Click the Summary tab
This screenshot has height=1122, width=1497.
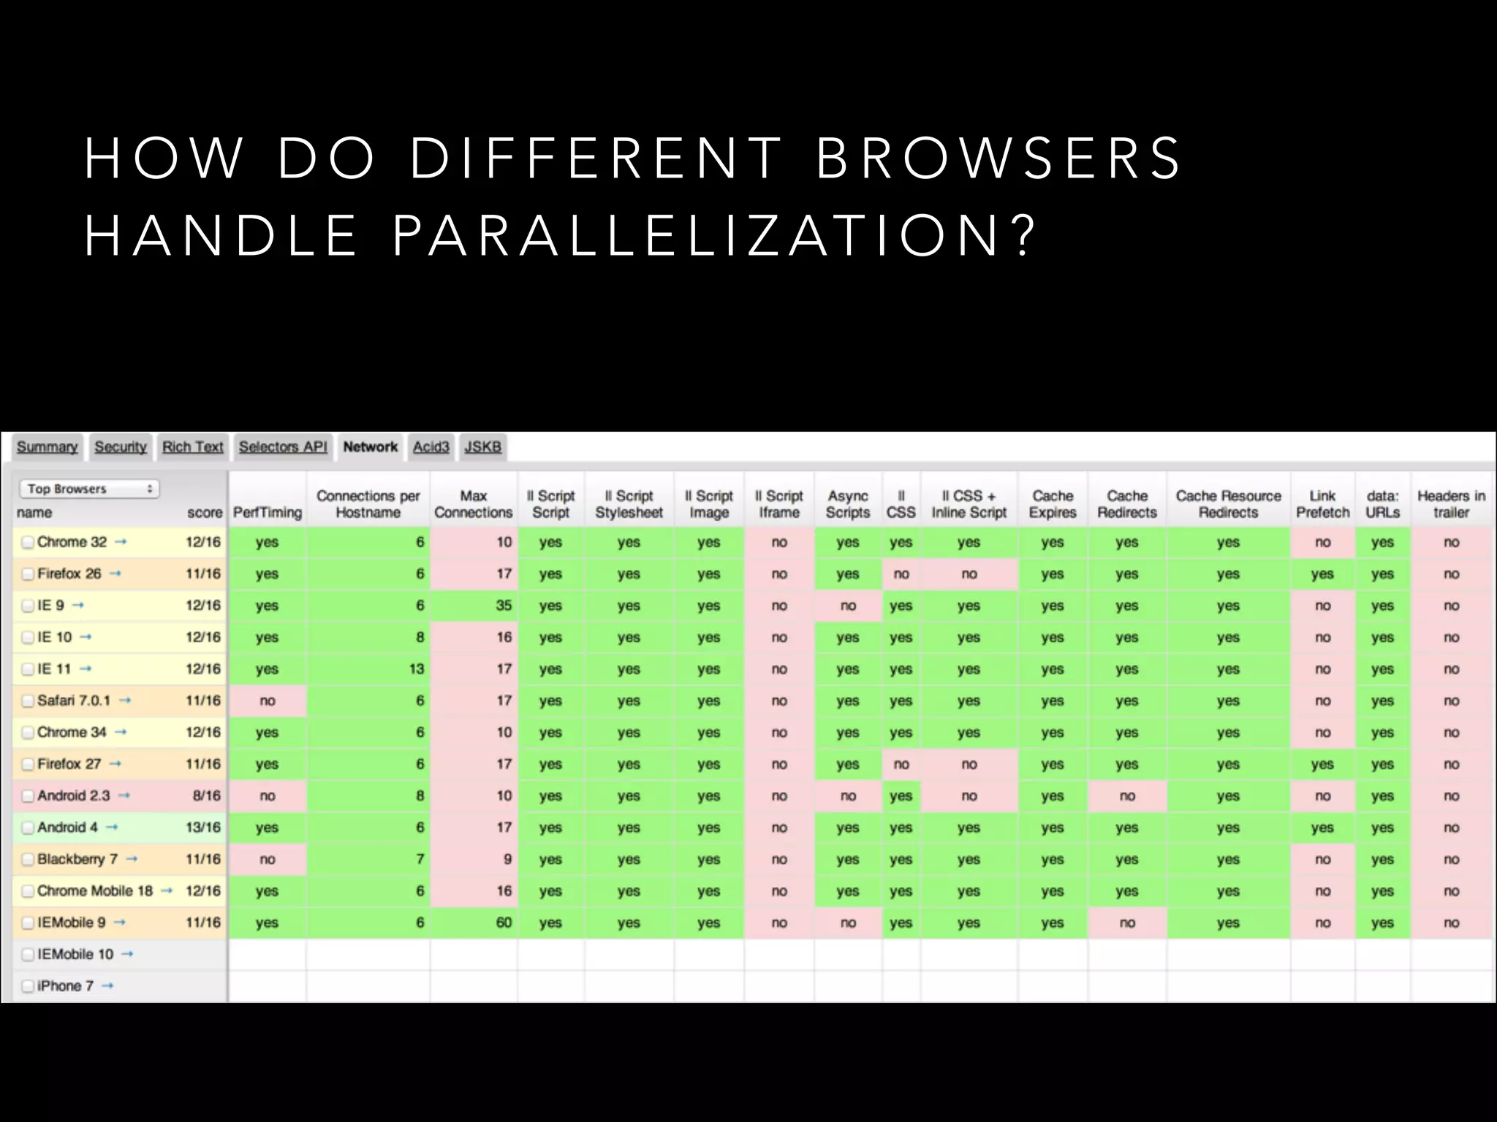click(47, 447)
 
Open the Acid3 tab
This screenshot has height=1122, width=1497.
click(431, 447)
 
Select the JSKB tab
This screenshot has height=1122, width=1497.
click(482, 447)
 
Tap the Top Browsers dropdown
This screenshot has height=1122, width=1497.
click(88, 489)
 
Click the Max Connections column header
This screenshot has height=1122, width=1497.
click(473, 504)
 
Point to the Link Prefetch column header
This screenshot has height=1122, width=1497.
click(1322, 504)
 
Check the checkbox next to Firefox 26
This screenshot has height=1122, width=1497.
click(28, 574)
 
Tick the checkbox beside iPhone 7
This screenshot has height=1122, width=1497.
click(28, 986)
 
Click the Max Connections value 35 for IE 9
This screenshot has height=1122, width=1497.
click(504, 606)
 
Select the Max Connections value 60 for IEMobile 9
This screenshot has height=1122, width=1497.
click(504, 923)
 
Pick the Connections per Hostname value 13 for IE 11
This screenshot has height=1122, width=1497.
click(416, 669)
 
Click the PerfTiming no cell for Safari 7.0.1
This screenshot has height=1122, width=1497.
click(268, 701)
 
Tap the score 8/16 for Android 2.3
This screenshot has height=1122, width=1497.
click(206, 795)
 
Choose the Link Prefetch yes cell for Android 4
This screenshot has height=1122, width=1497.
click(1322, 828)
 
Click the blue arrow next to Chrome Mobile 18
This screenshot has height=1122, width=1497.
click(167, 891)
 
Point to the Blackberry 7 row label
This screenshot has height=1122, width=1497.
click(77, 859)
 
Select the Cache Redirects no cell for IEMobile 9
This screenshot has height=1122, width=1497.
click(1126, 923)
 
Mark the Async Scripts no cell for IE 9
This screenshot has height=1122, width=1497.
click(848, 606)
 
